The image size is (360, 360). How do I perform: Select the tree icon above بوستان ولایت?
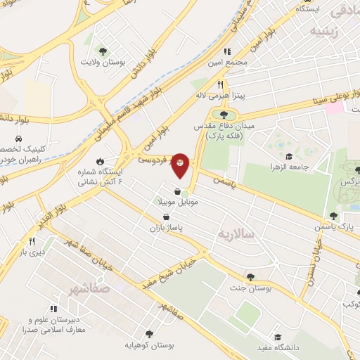click(x=103, y=51)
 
